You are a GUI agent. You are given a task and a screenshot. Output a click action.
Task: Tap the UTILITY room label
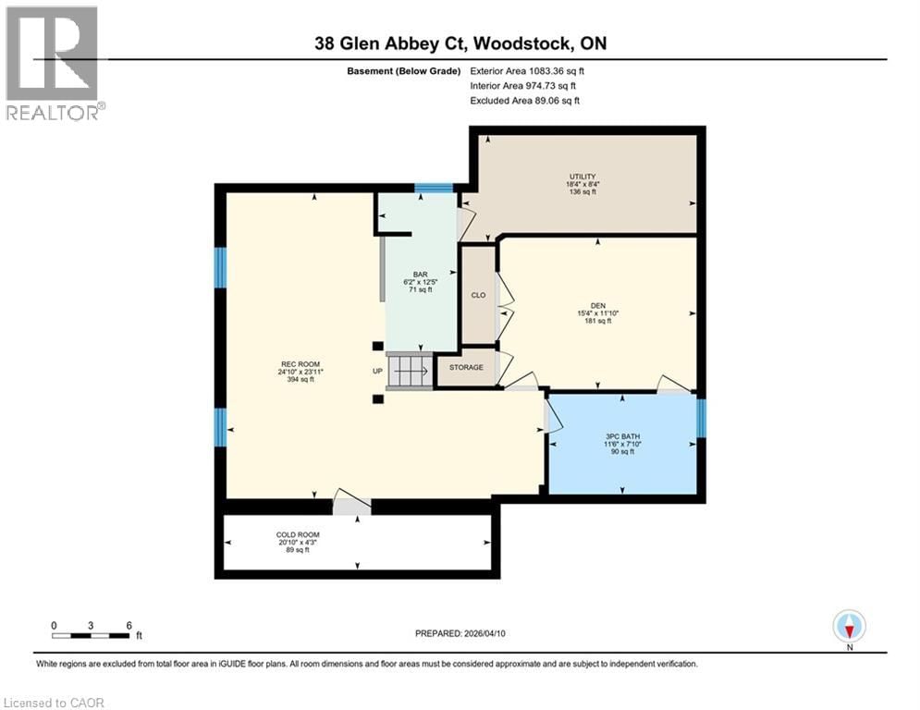tap(582, 177)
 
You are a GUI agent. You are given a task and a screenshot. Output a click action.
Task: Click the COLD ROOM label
tap(299, 535)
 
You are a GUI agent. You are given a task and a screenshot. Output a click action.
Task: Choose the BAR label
tap(421, 274)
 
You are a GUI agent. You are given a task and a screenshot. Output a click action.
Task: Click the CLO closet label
tap(479, 296)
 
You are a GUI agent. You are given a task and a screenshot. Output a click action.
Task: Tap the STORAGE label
tap(466, 367)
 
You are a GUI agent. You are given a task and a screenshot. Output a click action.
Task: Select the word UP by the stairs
tap(376, 371)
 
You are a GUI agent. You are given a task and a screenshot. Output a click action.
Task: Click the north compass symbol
tap(848, 627)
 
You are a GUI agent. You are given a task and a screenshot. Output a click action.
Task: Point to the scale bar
tap(91, 634)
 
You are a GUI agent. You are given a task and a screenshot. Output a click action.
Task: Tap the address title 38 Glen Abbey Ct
tap(460, 43)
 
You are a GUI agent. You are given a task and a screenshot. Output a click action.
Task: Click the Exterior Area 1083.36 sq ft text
tap(528, 70)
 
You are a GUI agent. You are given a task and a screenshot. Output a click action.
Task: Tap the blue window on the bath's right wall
tap(700, 418)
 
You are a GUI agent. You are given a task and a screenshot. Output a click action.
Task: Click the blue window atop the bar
tap(433, 189)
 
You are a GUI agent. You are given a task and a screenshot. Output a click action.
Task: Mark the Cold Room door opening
tap(351, 506)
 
